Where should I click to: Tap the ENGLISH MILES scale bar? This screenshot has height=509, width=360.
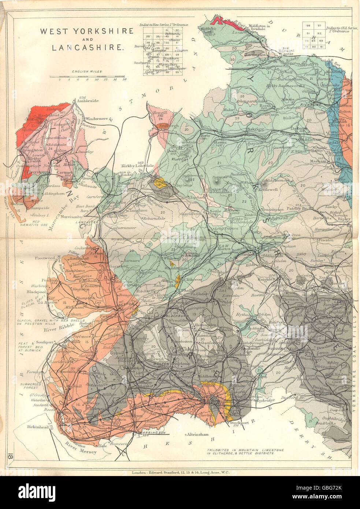pyautogui.click(x=88, y=77)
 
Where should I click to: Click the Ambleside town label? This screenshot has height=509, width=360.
pyautogui.click(x=88, y=101)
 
